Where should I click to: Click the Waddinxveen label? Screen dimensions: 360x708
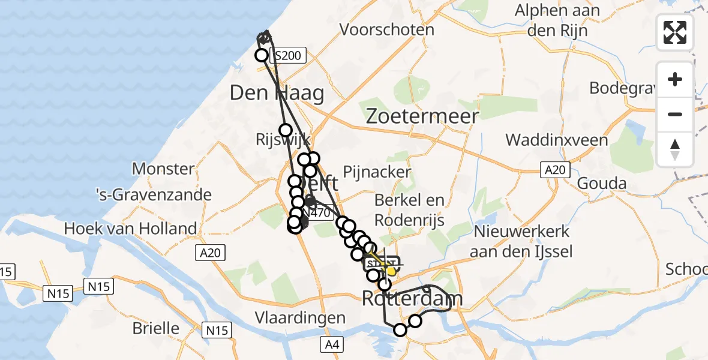pos(557,140)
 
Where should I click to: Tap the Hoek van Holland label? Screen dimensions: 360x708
pos(130,229)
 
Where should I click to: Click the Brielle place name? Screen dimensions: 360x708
pos(157,328)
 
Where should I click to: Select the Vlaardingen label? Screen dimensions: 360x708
pos(299,317)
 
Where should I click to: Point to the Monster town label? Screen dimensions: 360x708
pos(163,169)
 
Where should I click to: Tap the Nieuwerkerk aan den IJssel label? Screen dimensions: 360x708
pos(521,241)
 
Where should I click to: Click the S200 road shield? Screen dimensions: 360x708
pos(289,56)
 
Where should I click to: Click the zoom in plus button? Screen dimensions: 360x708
pos(675,80)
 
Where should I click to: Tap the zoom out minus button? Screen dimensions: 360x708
pos(675,114)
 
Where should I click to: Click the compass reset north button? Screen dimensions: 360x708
pos(675,149)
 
